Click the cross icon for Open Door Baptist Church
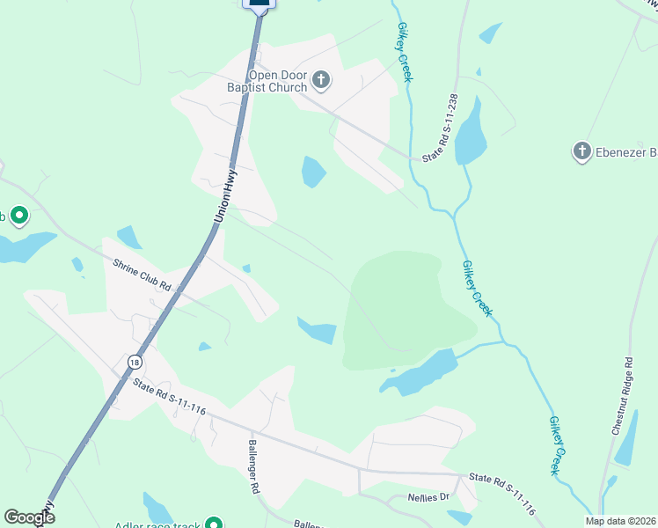[x=321, y=81]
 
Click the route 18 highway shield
[x=134, y=362]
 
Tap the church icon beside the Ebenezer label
[x=581, y=152]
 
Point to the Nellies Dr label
[x=430, y=497]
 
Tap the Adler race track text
[x=158, y=525]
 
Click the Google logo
[x=29, y=517]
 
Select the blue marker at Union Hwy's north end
[x=259, y=4]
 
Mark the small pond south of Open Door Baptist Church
[x=313, y=172]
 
